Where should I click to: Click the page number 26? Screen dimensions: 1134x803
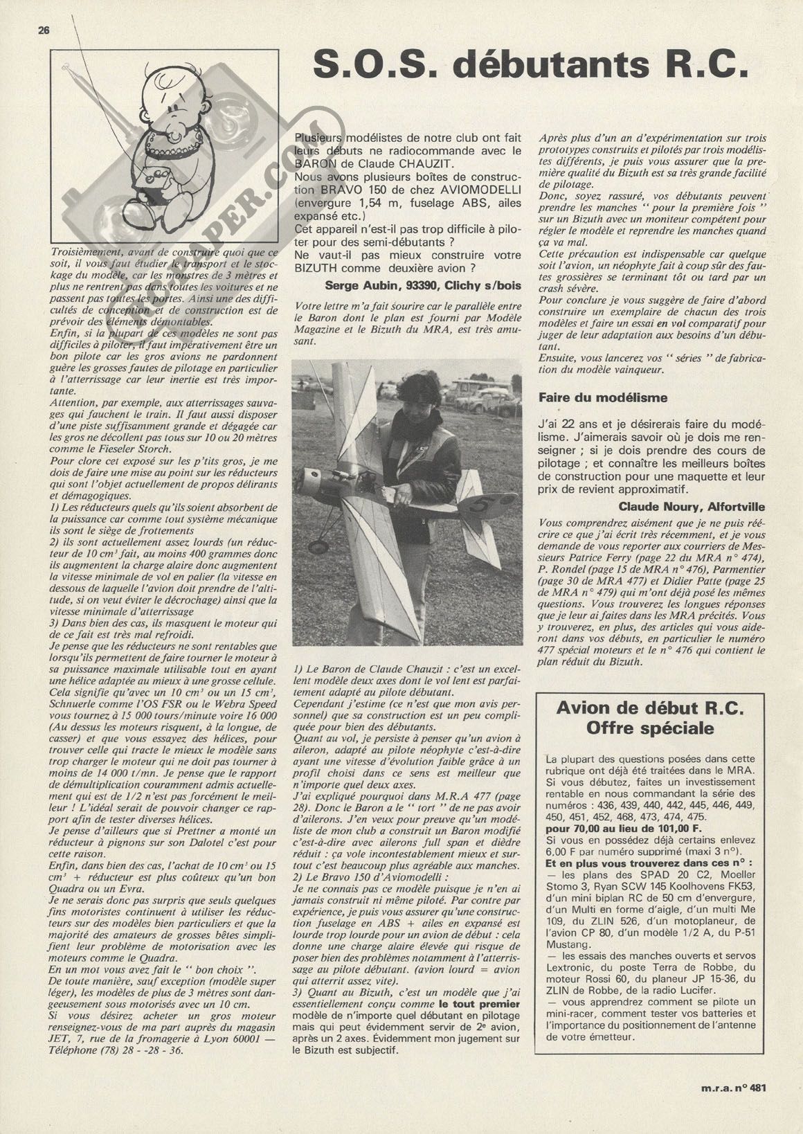(x=44, y=30)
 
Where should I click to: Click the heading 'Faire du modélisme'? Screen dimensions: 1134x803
(x=603, y=397)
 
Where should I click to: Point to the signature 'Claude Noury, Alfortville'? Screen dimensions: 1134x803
(x=691, y=506)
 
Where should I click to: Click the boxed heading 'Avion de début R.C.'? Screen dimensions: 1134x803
(x=650, y=708)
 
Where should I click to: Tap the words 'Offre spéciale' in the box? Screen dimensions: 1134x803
(x=650, y=728)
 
